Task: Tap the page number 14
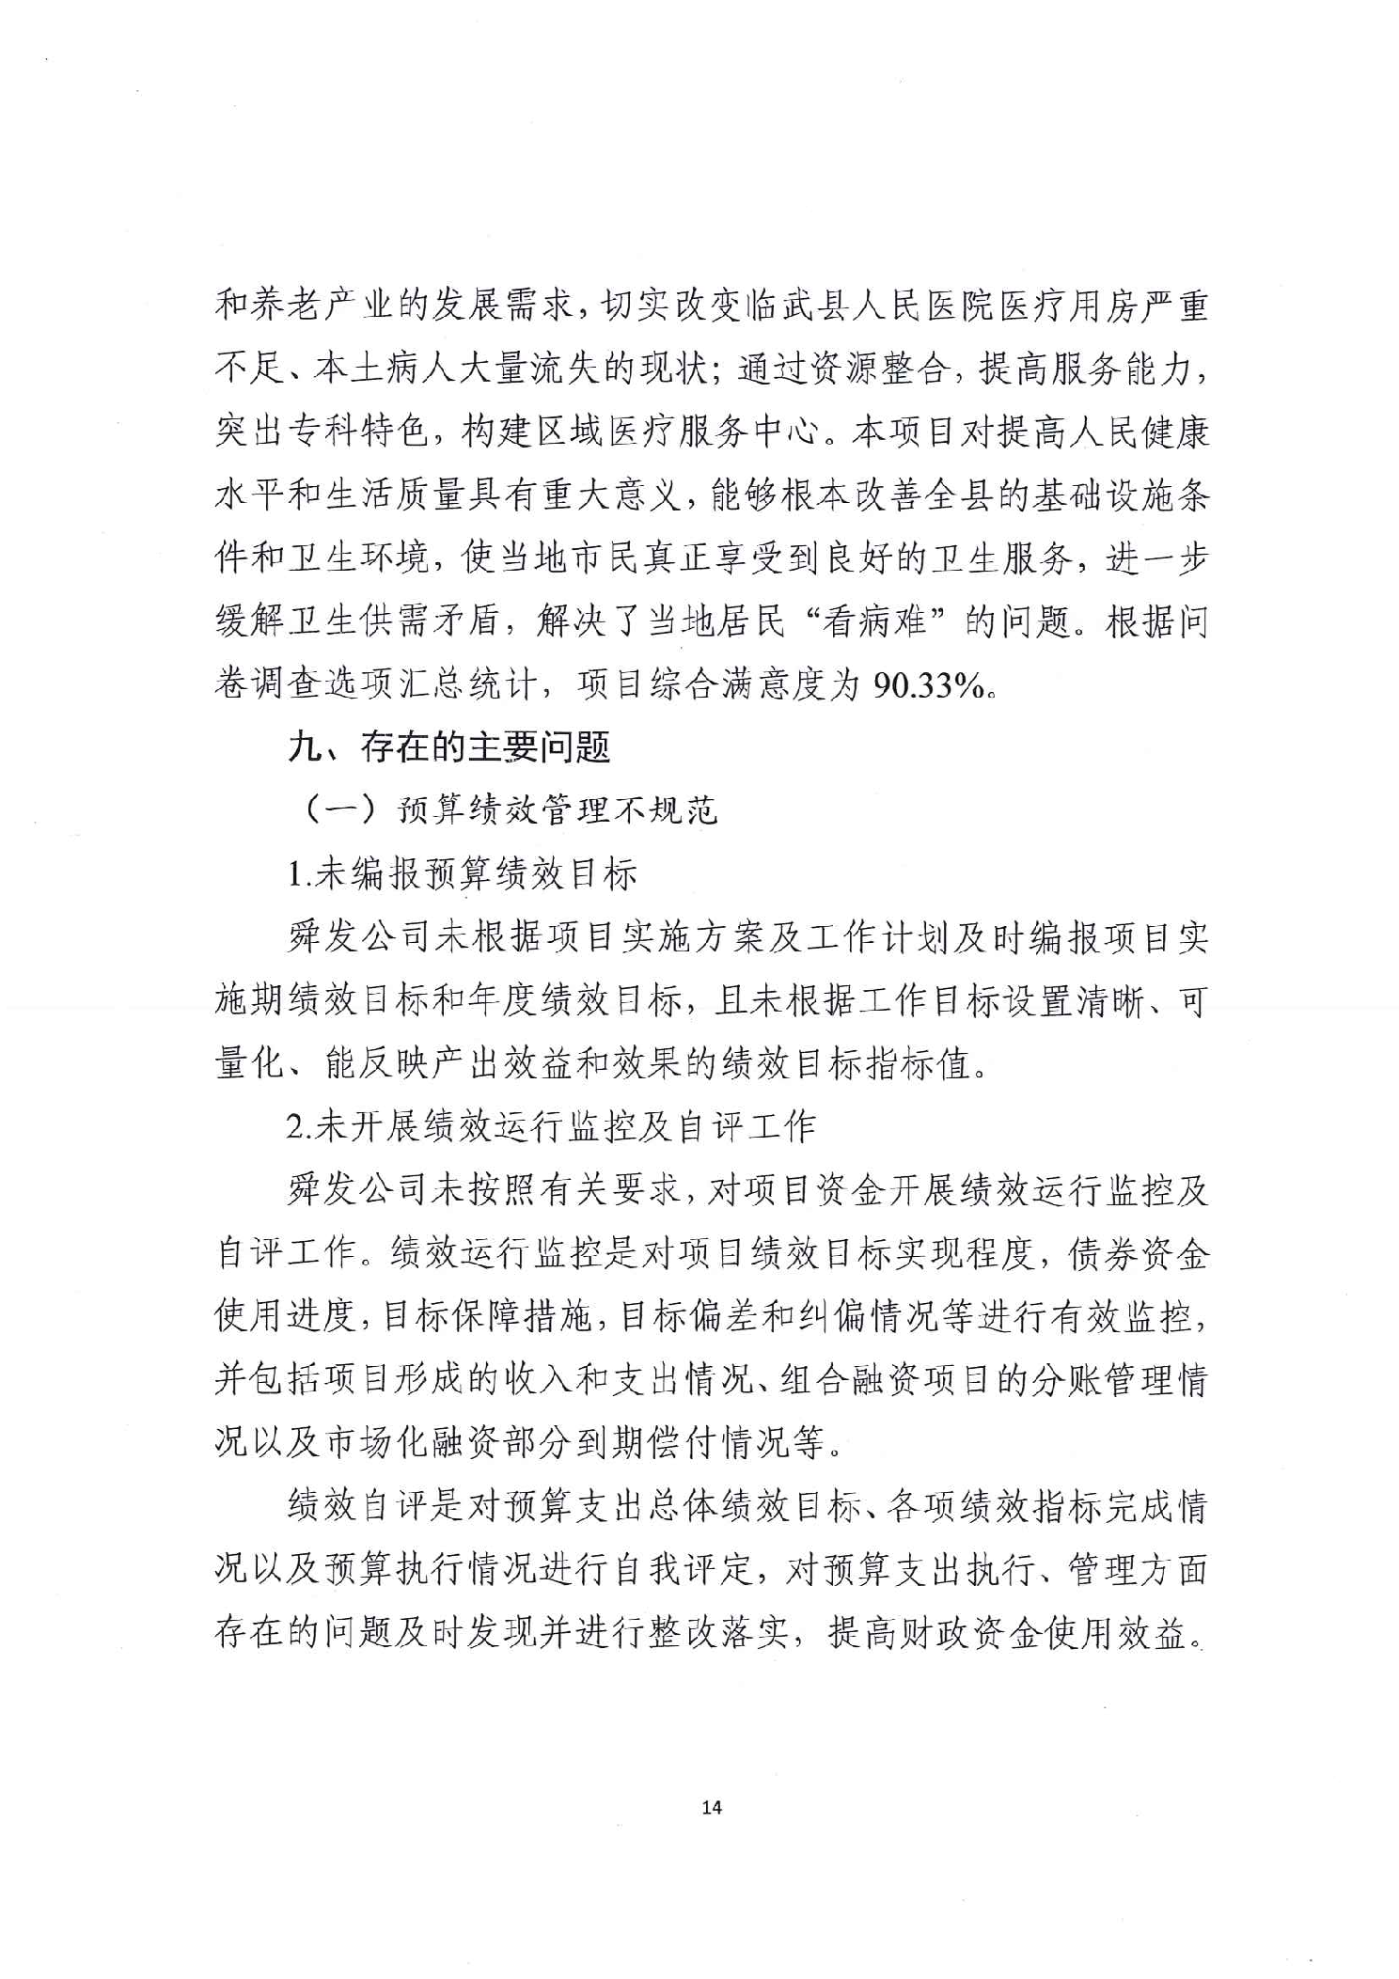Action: pos(712,1807)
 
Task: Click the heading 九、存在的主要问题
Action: pos(449,747)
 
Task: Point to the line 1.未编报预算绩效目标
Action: pos(462,874)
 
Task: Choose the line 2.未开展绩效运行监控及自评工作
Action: pos(551,1126)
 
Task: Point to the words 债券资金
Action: pos(1138,1253)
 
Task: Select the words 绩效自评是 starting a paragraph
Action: pos(376,1506)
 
